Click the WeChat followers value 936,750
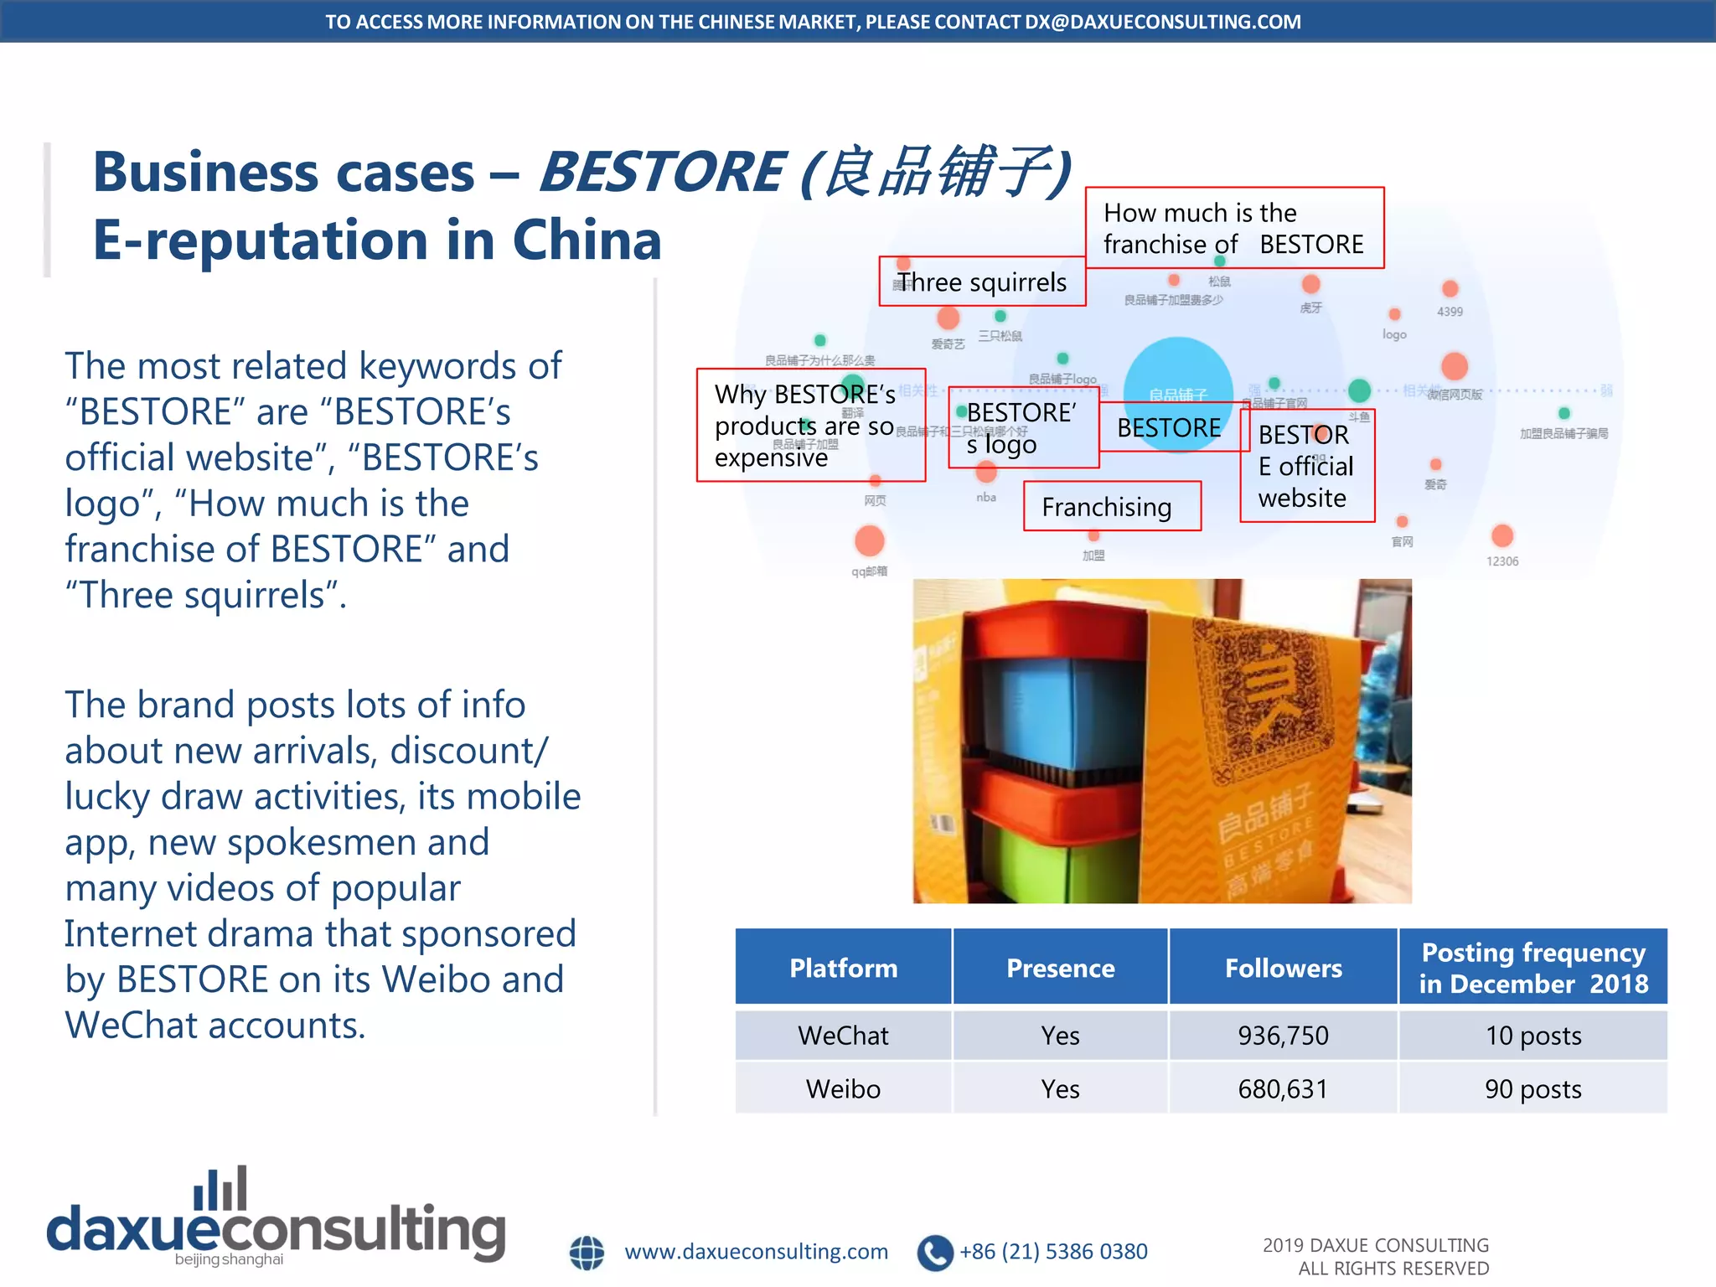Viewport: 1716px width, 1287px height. [1283, 1036]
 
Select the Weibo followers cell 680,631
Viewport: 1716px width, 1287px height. [1283, 1089]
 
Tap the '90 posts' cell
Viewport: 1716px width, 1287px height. [1533, 1089]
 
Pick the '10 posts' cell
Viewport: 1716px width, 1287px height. [1533, 1036]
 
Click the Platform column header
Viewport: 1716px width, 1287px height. [843, 968]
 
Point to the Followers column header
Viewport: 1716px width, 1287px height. [1283, 968]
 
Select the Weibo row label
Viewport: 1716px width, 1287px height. [843, 1089]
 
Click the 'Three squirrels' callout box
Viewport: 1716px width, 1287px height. [982, 282]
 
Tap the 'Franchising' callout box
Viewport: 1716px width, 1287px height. [1111, 506]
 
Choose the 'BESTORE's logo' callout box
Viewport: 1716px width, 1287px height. [1022, 428]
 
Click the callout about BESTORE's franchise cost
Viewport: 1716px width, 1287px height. [1233, 228]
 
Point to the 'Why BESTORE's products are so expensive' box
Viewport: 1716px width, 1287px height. [809, 426]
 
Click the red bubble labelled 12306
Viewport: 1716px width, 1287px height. [1502, 535]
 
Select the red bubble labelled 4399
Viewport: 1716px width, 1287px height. [1450, 289]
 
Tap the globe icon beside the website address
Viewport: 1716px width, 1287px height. [587, 1253]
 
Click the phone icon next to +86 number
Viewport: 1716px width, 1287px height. [935, 1253]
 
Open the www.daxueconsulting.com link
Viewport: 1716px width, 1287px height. [756, 1252]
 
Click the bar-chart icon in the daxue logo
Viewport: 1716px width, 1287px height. [220, 1188]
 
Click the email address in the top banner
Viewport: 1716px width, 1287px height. [1163, 22]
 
